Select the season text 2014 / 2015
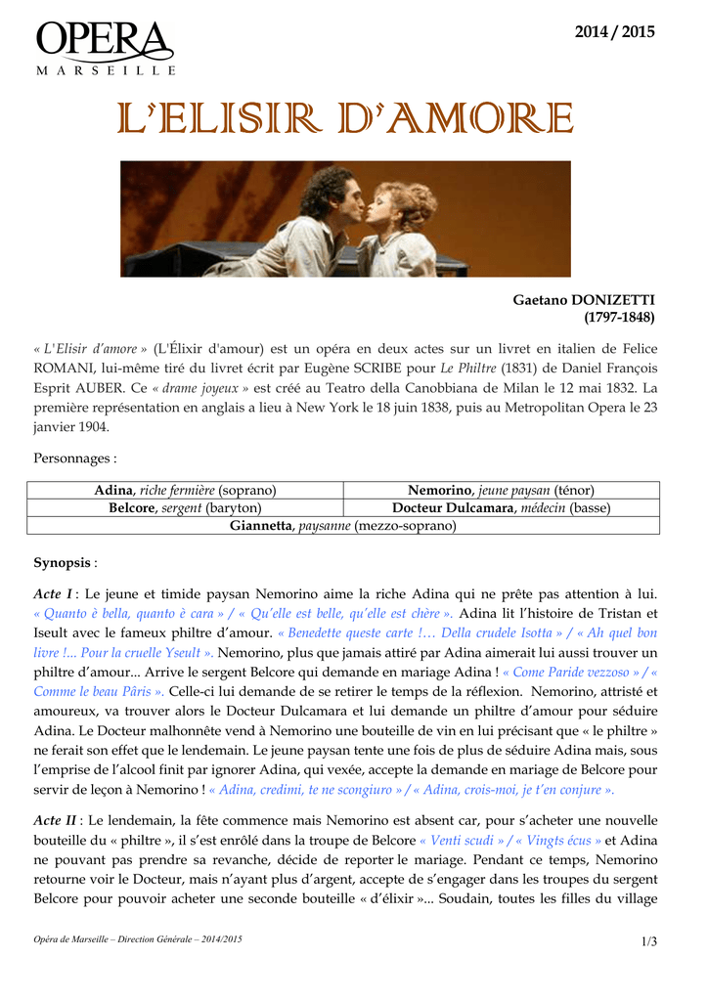click(x=614, y=31)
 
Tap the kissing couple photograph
click(x=345, y=219)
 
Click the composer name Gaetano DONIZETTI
click(x=584, y=299)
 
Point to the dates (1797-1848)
click(x=619, y=318)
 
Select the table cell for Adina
click(x=185, y=490)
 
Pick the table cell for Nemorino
click(x=501, y=490)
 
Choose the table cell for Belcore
click(x=185, y=508)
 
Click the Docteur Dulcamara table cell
click(x=501, y=508)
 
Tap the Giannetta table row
click(x=342, y=526)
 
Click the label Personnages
click(x=75, y=457)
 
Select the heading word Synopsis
click(x=62, y=563)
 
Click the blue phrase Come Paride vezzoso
click(x=577, y=673)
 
